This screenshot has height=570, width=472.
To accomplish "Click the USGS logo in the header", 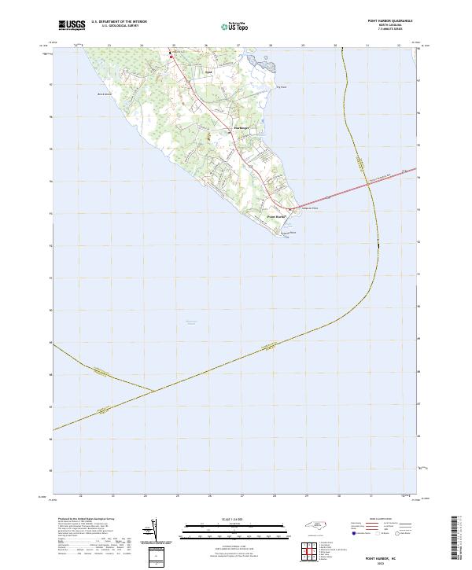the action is pos(72,25).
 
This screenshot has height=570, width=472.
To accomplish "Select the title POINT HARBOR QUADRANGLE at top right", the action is pos(390,21).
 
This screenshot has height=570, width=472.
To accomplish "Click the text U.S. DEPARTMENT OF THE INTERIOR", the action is pos(119,22).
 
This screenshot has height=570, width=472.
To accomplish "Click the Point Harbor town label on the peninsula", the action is pos(275,216).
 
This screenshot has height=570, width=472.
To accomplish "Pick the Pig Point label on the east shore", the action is pos(281,87).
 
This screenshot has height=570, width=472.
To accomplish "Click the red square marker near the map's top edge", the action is pos(171,56).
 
